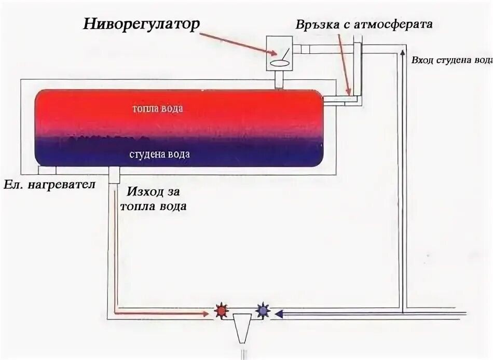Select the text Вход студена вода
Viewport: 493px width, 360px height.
450,59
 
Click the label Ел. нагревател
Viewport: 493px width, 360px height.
50,185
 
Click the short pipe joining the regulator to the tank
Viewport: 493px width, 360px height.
279,80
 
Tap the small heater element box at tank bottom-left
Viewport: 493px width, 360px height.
47,171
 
